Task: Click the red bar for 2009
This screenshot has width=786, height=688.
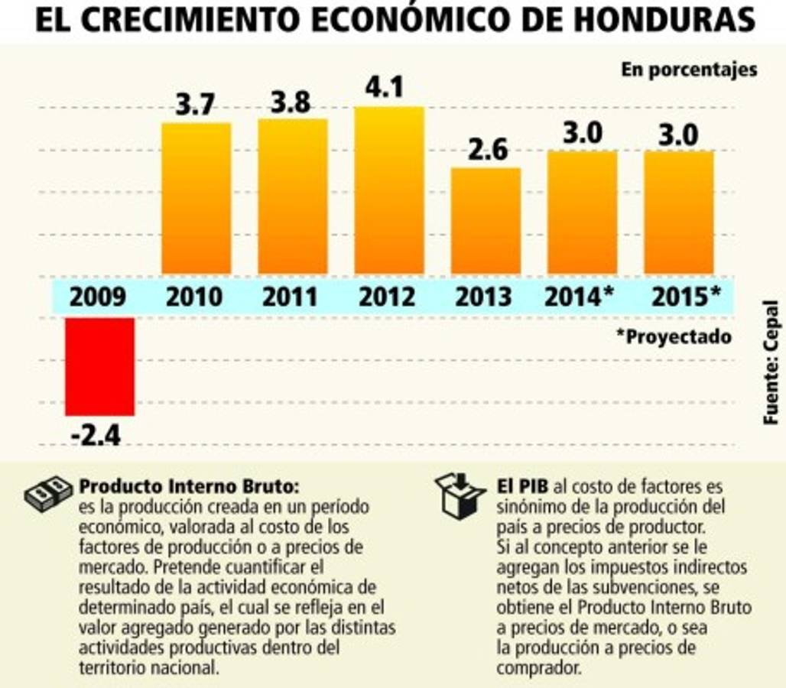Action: tap(99, 366)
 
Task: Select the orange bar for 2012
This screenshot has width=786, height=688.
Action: tap(388, 190)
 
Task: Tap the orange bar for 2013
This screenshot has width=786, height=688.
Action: tap(486, 221)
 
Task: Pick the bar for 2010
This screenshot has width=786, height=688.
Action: tap(196, 198)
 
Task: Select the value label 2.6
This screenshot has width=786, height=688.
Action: tap(487, 150)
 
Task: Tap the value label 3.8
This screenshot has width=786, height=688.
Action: tap(291, 101)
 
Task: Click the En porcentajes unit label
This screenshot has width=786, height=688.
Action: tap(689, 70)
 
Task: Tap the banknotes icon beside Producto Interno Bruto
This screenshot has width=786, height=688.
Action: tap(49, 495)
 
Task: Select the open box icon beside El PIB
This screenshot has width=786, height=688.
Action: tap(460, 495)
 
